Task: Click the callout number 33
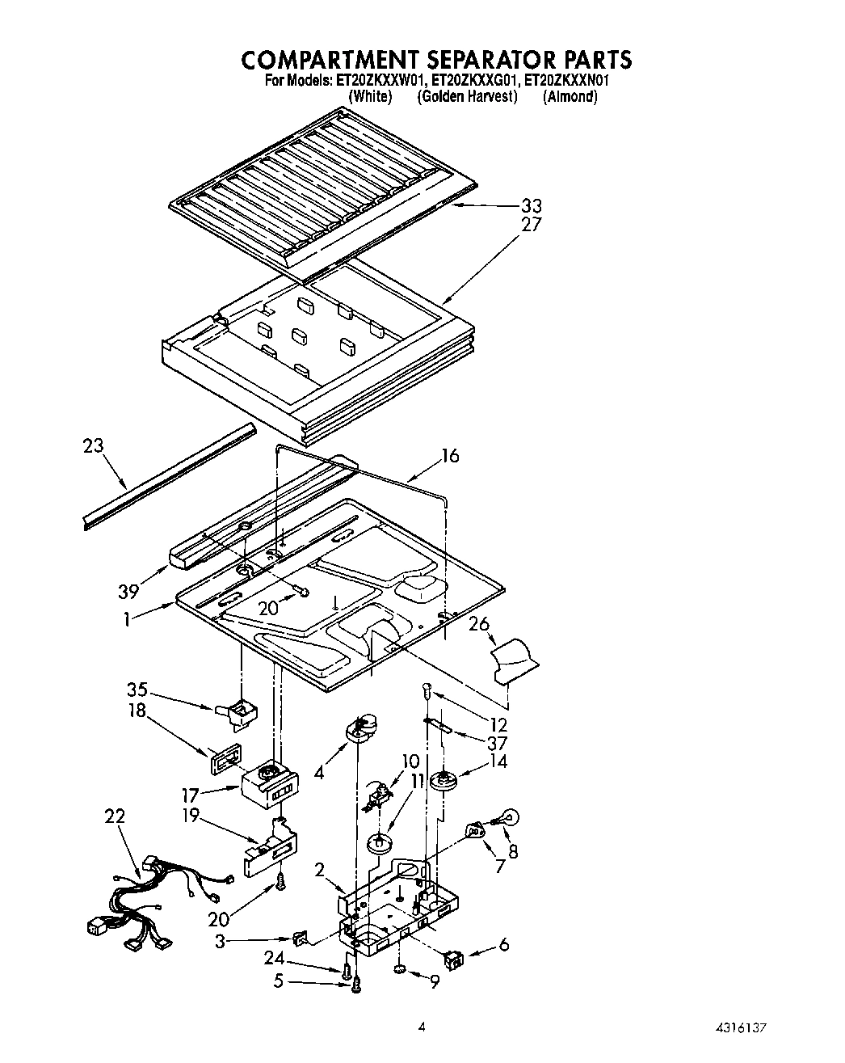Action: click(x=531, y=205)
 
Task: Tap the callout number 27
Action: click(x=531, y=224)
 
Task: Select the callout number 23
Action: click(x=94, y=445)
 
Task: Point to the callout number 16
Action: click(x=449, y=456)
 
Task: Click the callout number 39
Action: click(x=128, y=592)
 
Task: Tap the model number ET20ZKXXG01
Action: click(x=475, y=81)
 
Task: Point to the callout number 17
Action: click(x=190, y=796)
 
